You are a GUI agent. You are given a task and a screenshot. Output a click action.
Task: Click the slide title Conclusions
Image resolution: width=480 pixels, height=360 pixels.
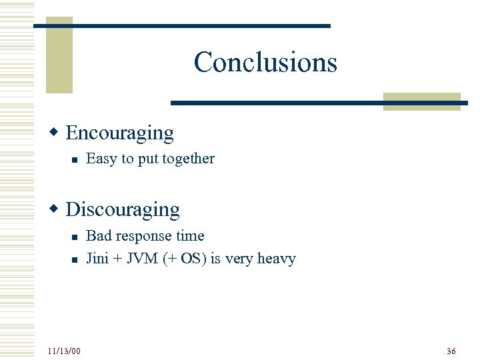pyautogui.click(x=265, y=62)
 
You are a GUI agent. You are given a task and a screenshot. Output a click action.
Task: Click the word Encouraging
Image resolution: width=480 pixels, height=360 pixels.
pyautogui.click(x=120, y=133)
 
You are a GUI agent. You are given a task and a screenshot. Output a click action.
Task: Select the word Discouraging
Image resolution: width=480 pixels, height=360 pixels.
pyautogui.click(x=123, y=209)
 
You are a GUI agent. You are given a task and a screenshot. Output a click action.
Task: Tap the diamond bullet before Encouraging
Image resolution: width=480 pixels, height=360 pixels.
pyautogui.click(x=58, y=132)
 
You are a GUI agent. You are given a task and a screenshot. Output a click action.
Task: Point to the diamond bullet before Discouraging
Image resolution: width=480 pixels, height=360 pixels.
pyautogui.click(x=58, y=209)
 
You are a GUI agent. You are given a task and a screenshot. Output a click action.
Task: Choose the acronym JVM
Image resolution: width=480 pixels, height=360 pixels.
pyautogui.click(x=143, y=259)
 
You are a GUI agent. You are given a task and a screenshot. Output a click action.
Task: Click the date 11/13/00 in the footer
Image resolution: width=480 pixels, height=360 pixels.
pyautogui.click(x=64, y=351)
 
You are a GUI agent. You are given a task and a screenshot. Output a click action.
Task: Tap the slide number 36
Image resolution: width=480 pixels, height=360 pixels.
pyautogui.click(x=451, y=351)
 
